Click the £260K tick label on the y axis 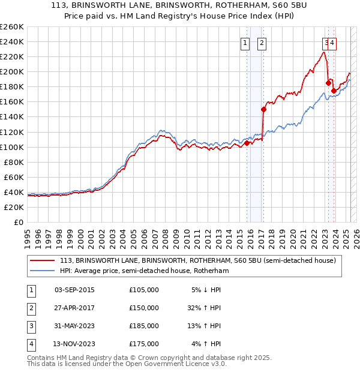(12, 27)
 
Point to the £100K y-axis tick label (12, 147)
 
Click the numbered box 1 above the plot (245, 43)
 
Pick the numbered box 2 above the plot (263, 43)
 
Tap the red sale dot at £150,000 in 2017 (263, 109)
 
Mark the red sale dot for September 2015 (247, 143)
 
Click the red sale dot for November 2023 (334, 91)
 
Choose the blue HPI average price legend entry (144, 271)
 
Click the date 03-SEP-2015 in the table (74, 290)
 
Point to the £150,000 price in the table (144, 308)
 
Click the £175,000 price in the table (144, 344)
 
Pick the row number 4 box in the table (29, 344)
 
